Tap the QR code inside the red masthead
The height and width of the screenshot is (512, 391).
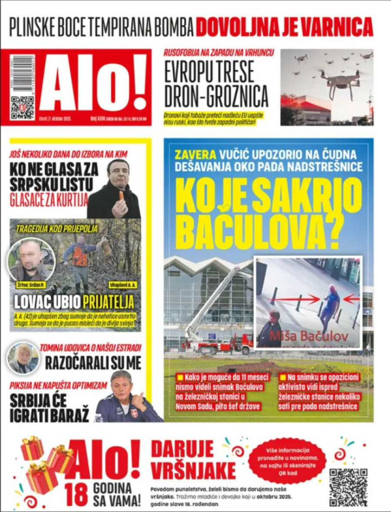[x=22, y=108]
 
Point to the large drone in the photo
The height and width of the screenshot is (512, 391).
[x=340, y=82]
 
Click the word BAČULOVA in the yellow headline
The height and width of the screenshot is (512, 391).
[x=257, y=233]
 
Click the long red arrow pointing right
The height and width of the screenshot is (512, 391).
[x=295, y=299]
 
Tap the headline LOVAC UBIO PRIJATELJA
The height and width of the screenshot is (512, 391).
[x=74, y=302]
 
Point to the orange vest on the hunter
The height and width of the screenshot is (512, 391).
[x=80, y=256]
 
